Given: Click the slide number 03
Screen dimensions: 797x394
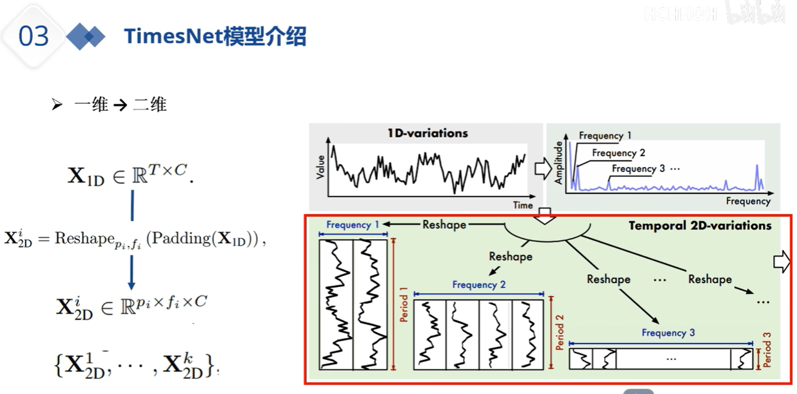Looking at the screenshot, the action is (34, 37).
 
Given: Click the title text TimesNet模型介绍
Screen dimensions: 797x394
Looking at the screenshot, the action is (215, 37).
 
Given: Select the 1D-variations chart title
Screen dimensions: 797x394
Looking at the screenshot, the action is (428, 133).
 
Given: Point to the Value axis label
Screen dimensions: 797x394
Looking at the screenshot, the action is (320, 166).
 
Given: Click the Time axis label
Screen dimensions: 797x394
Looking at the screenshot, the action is (523, 204).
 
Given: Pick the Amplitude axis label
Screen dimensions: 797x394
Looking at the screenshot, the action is (558, 163).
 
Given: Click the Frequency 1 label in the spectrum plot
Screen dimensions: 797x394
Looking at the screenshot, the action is (605, 136).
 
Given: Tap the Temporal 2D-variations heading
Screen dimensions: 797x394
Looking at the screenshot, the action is (700, 226).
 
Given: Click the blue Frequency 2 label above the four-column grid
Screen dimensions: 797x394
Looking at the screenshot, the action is (478, 284).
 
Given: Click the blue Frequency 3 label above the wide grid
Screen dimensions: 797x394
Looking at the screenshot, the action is (668, 333).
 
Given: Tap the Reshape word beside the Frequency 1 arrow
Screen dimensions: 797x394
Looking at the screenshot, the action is (444, 224).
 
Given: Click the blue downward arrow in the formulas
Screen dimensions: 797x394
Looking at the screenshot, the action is (132, 273).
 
